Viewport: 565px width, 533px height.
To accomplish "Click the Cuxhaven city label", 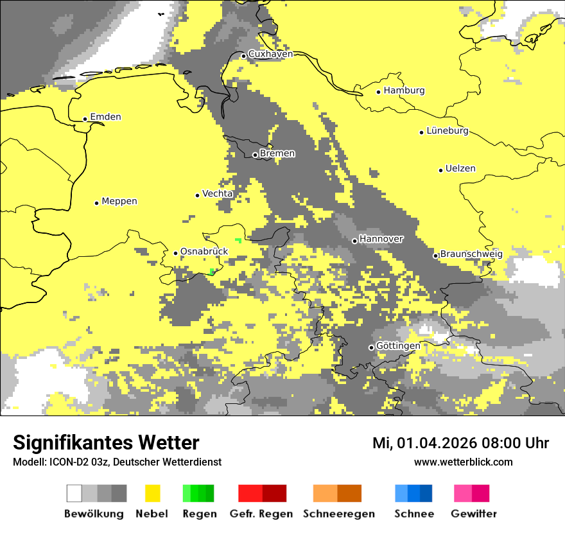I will coord(270,54).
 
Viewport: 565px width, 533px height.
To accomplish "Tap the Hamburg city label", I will coord(404,91).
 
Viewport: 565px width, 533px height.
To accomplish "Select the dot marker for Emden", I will coord(85,119).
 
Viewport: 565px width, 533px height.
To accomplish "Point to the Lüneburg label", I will coord(448,130).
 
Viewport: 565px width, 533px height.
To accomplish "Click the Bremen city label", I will coord(277,153).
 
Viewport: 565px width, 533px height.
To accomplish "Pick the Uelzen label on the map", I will coord(460,168).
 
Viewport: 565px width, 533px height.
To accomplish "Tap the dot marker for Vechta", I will coord(198,195).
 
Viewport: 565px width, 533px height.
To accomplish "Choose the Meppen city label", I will coord(119,201).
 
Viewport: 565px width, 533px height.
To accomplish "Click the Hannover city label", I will coord(381,239).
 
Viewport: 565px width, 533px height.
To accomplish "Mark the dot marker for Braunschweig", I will coord(435,256).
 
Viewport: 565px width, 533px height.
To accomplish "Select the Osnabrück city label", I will coord(204,251).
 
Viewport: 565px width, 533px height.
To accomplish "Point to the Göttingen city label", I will coord(398,345).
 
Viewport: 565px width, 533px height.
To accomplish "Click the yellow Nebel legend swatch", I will coord(152,493).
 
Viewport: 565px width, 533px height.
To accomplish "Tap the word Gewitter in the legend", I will coord(474,514).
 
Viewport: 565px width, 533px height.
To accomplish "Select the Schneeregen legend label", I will coord(339,514).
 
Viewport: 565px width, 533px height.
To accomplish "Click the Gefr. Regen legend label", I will coord(261,514).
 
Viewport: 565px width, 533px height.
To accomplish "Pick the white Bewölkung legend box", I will coord(74,493).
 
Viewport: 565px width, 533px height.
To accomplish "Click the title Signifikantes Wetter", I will coord(106,443).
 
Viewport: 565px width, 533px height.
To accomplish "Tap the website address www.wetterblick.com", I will coord(464,462).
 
